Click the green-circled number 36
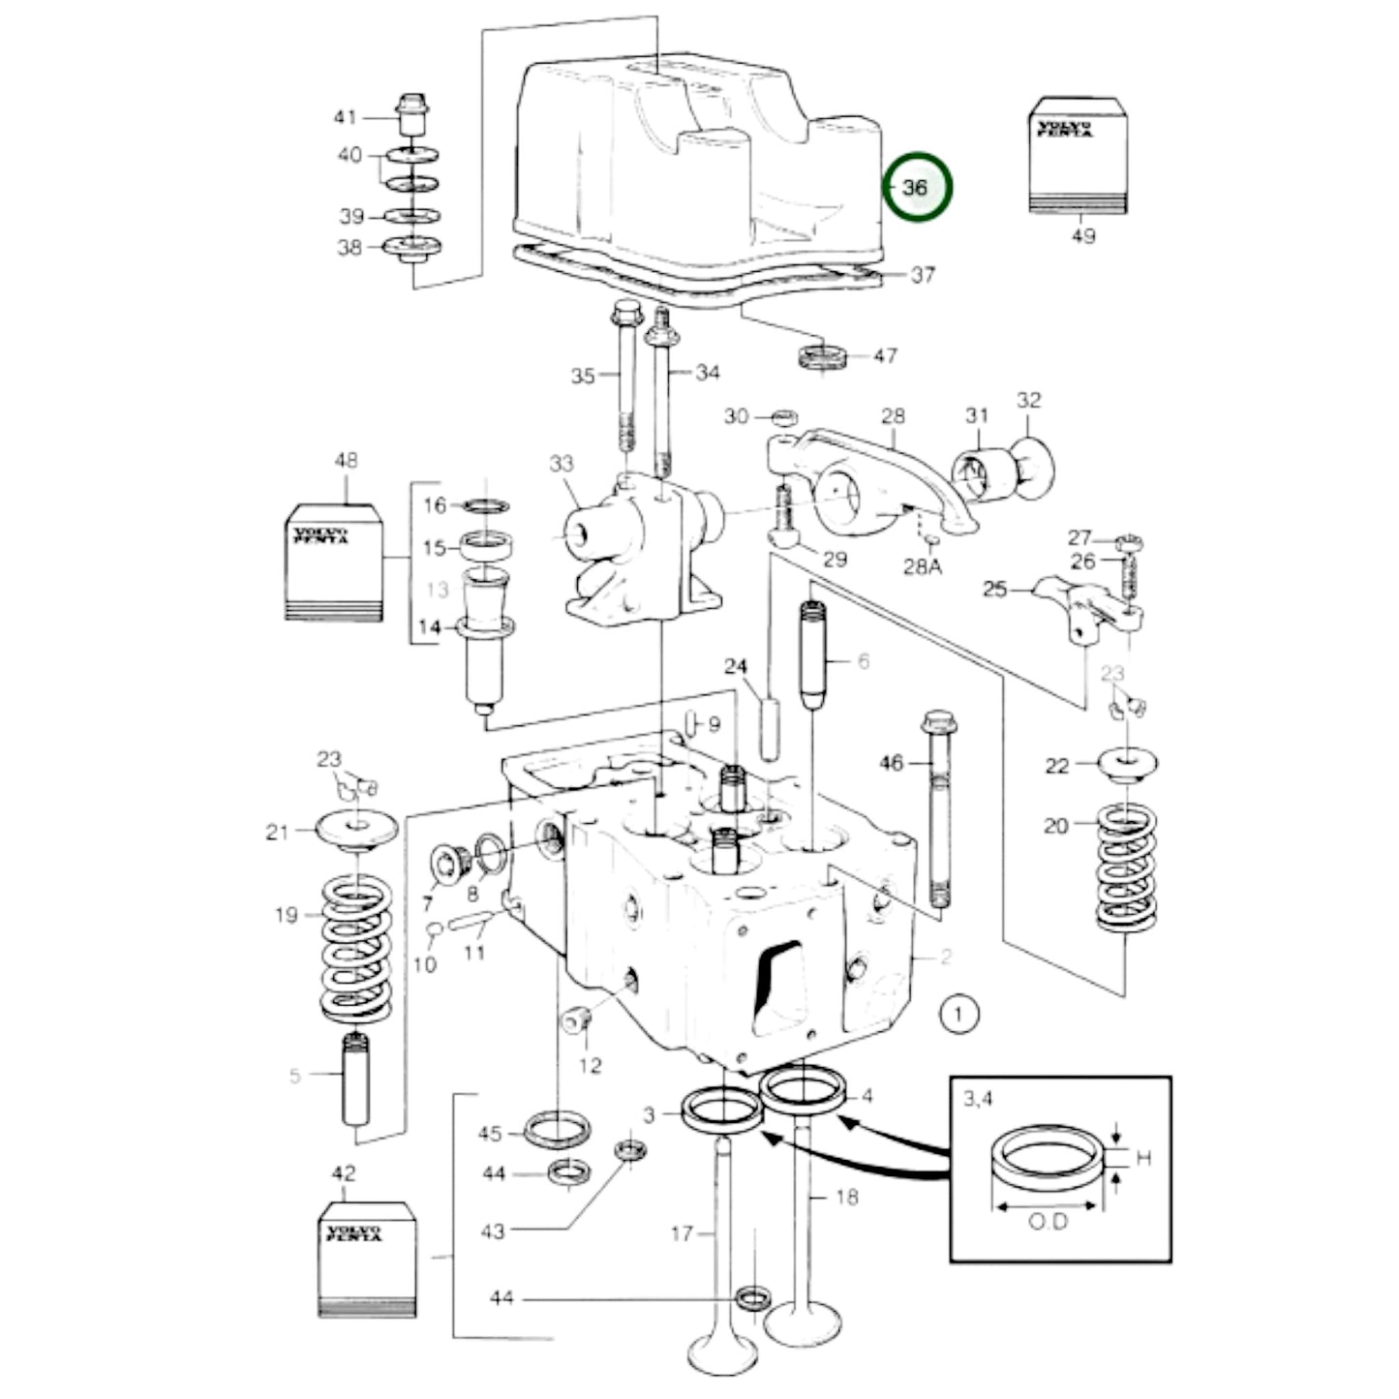(x=916, y=187)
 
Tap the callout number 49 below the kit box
(x=1083, y=235)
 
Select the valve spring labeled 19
(x=356, y=949)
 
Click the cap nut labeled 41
(x=412, y=115)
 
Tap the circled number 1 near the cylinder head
(x=958, y=1015)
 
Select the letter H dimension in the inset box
(x=1143, y=1158)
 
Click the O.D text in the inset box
(x=1048, y=1222)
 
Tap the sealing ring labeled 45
(x=556, y=1129)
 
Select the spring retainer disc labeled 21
(x=357, y=830)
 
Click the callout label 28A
(x=922, y=566)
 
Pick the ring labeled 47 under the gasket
(x=823, y=356)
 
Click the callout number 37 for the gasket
(x=923, y=275)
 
